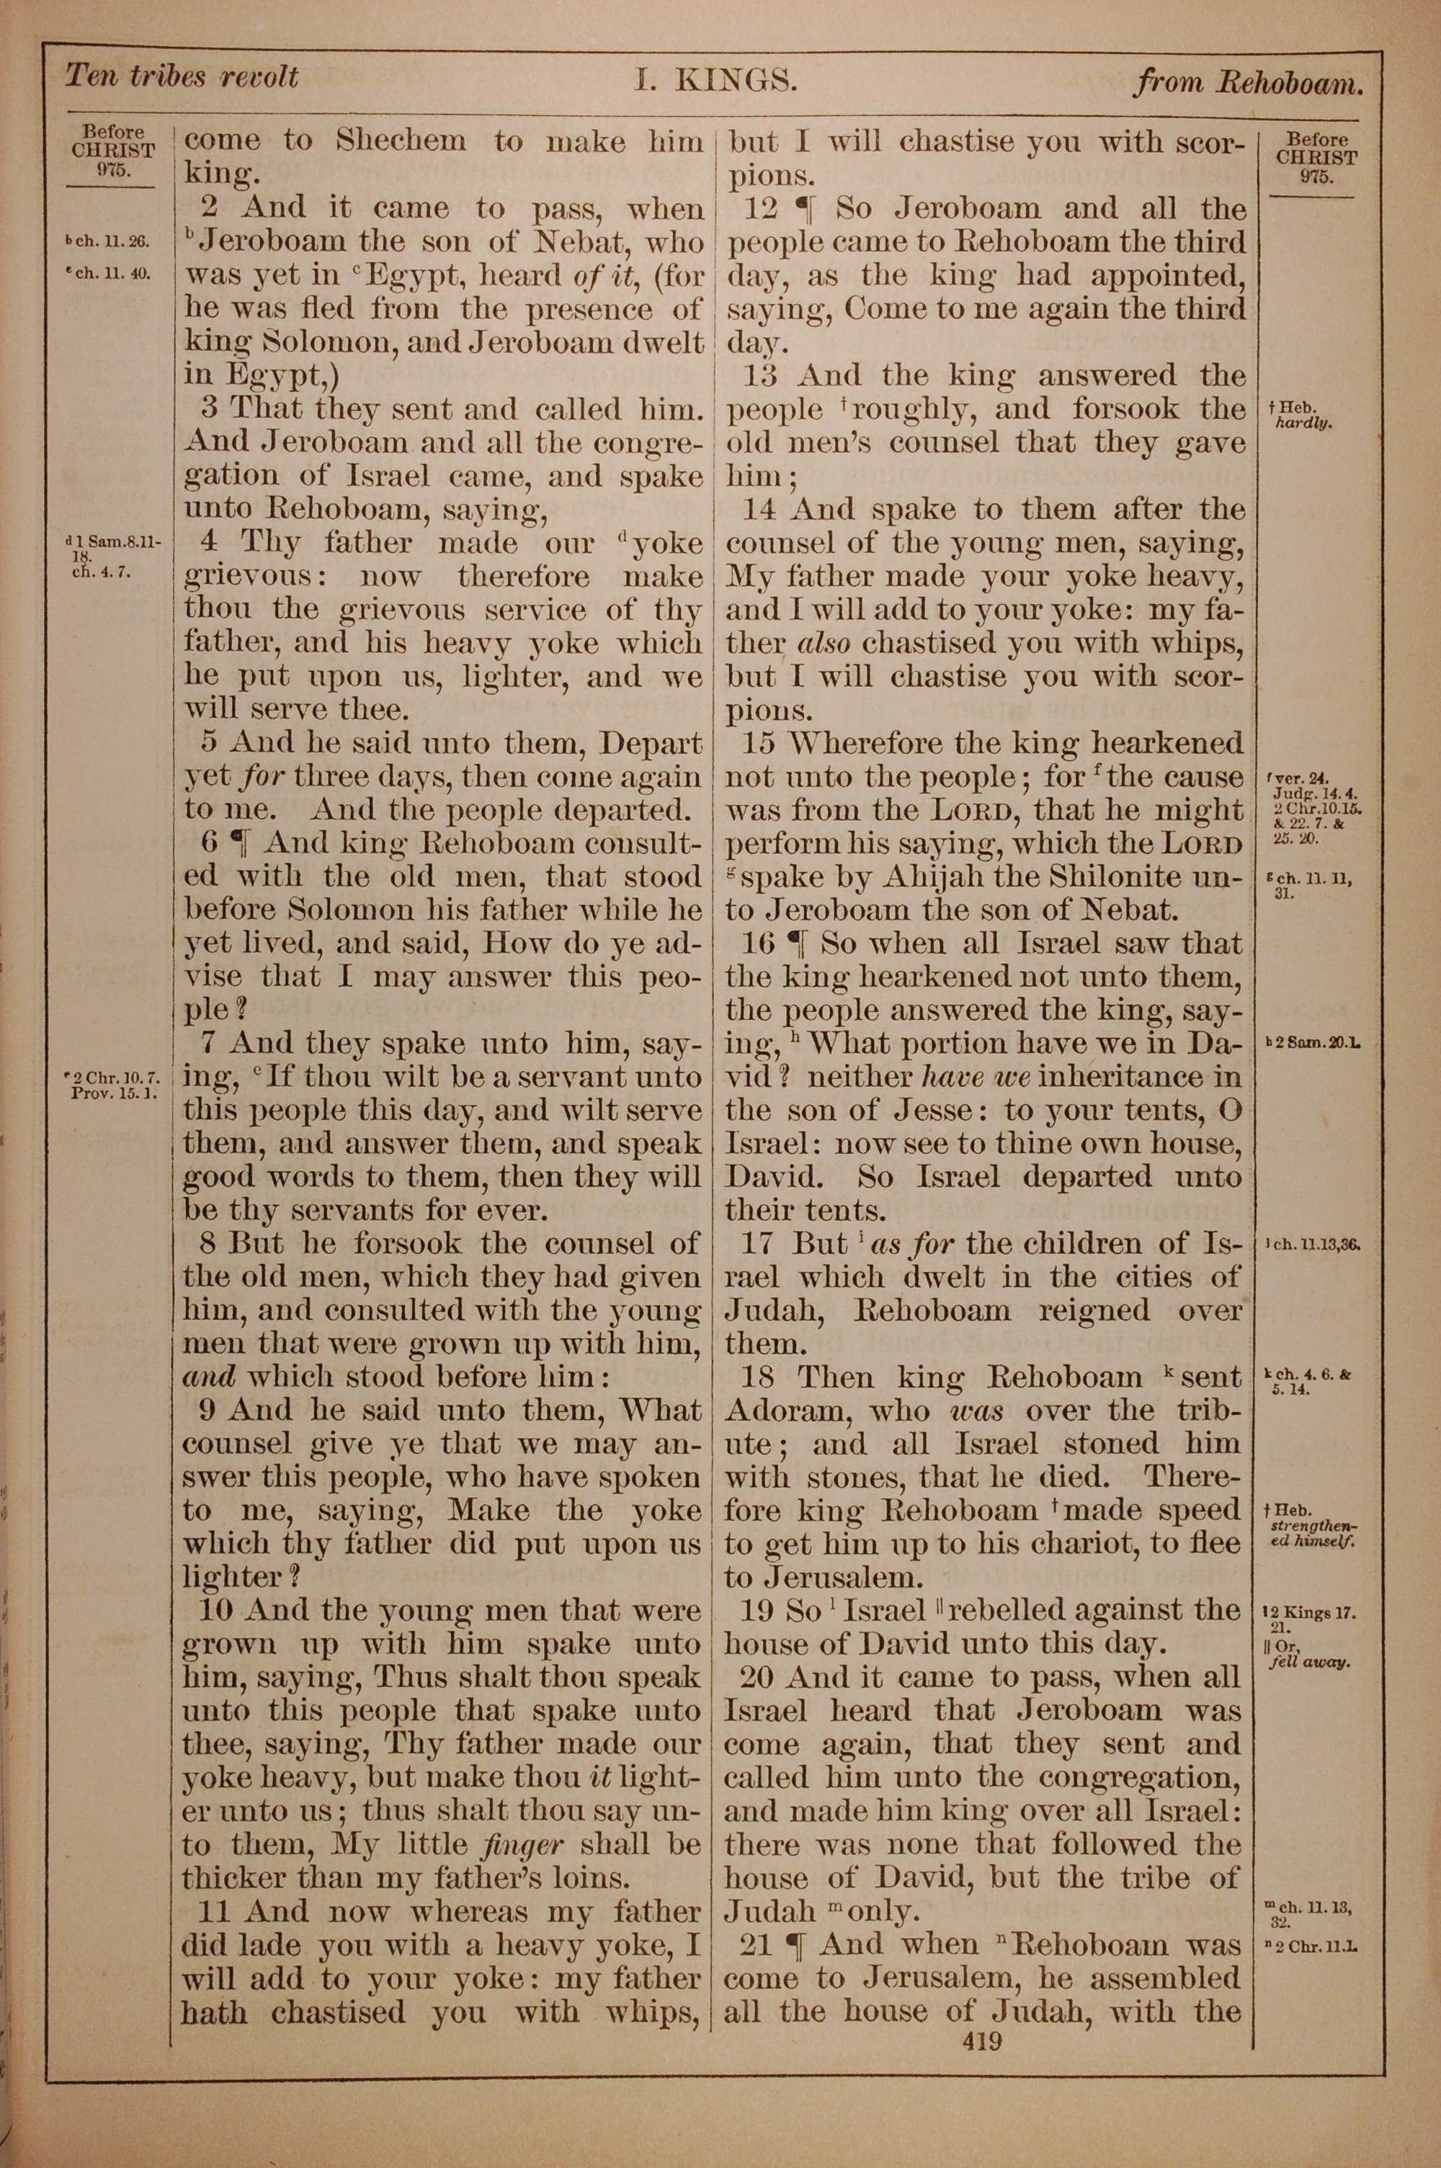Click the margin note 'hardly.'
click(1305, 424)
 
